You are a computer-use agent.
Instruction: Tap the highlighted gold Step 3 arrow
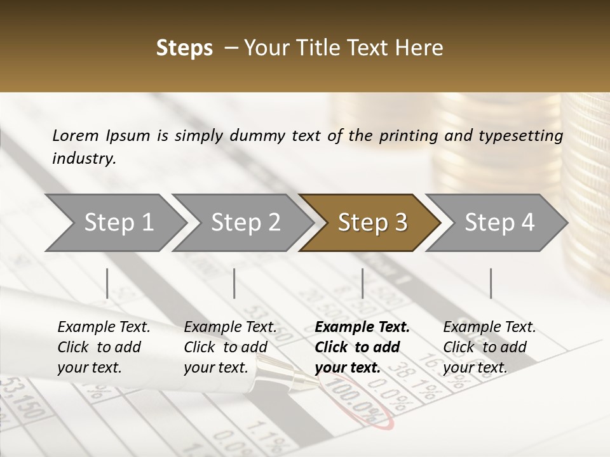pyautogui.click(x=371, y=223)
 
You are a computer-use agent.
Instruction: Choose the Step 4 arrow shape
pyautogui.click(x=499, y=223)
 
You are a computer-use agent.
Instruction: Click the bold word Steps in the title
pyautogui.click(x=184, y=48)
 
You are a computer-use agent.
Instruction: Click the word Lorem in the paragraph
pyautogui.click(x=75, y=136)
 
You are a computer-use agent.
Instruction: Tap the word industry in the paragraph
pyautogui.click(x=83, y=158)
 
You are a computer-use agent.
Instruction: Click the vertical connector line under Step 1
pyautogui.click(x=107, y=283)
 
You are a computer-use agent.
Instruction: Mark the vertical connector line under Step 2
pyautogui.click(x=234, y=283)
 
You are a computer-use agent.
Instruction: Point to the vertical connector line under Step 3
pyautogui.click(x=362, y=283)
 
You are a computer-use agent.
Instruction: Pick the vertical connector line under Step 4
pyautogui.click(x=491, y=283)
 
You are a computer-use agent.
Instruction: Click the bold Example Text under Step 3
pyautogui.click(x=362, y=328)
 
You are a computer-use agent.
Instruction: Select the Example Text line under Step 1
pyautogui.click(x=104, y=328)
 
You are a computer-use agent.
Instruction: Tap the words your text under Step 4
pyautogui.click(x=475, y=368)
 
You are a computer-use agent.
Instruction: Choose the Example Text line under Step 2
pyautogui.click(x=230, y=328)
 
